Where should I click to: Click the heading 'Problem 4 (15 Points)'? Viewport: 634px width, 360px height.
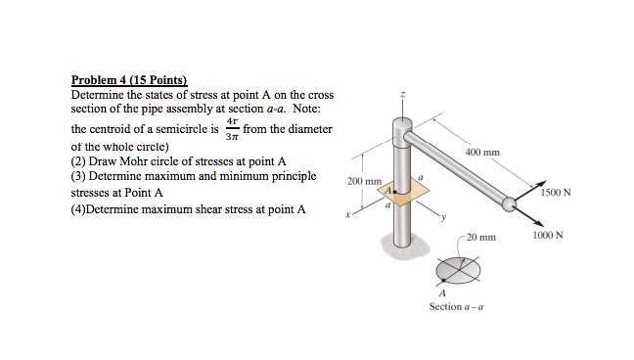pyautogui.click(x=129, y=80)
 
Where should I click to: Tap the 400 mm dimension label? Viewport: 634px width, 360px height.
pyautogui.click(x=483, y=153)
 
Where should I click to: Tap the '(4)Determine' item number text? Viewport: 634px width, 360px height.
pyautogui.click(x=109, y=208)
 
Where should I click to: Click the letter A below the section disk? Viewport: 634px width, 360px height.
pyautogui.click(x=442, y=293)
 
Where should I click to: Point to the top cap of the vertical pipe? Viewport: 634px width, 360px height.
pyautogui.click(x=401, y=126)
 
